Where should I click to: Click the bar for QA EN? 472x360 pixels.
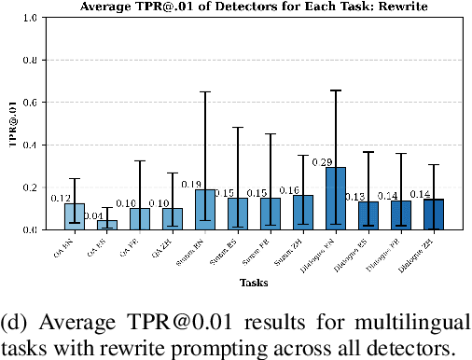coord(74,216)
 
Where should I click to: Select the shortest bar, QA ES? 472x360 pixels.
coord(107,225)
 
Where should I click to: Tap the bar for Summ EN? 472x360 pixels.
coord(205,210)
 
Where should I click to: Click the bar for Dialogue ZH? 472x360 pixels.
coord(434,215)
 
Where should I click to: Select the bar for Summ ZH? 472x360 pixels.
coord(303,213)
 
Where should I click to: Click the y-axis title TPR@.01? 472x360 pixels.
coord(10,123)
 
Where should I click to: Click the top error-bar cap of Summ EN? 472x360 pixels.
coord(205,91)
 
